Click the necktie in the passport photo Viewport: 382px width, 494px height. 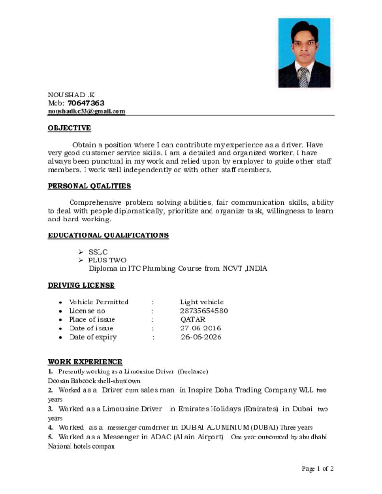303,77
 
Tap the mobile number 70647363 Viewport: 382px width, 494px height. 86,103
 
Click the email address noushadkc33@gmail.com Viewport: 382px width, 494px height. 86,111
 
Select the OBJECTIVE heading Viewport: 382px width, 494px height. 69,128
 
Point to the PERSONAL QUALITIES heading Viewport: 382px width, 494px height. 89,186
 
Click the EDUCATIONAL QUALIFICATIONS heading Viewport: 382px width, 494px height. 108,235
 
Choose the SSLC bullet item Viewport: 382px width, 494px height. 98,252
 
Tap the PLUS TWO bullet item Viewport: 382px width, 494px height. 107,260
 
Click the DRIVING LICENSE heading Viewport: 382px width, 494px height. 81,285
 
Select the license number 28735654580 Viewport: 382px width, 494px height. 204,311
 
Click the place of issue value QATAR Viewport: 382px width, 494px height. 193,319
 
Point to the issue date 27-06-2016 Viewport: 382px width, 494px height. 200,328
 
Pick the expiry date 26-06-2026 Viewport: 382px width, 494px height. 201,337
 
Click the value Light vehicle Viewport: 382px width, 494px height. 202,302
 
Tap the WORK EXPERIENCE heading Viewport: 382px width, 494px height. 85,362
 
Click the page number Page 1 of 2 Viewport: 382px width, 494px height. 318,468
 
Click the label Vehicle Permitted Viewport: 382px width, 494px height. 99,302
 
